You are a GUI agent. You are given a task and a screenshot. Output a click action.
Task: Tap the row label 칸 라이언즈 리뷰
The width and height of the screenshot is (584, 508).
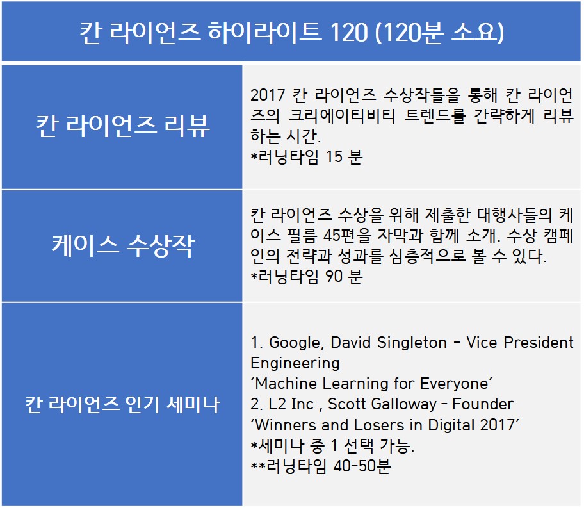pos(123,126)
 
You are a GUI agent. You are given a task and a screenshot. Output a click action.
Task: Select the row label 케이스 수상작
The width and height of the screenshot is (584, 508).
pos(123,246)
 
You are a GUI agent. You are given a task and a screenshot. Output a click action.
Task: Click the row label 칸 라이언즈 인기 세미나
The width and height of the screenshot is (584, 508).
pos(122,404)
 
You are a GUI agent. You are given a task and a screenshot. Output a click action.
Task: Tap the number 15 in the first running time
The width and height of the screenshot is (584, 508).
pos(334,156)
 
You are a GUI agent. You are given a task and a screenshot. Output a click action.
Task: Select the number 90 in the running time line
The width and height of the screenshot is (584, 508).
pos(334,276)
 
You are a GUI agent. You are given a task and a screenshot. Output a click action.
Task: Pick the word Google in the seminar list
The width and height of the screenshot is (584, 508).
pos(296,343)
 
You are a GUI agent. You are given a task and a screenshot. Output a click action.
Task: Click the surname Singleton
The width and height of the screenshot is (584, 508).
pos(412,343)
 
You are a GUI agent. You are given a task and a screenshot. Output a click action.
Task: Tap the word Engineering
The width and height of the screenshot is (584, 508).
pos(295,363)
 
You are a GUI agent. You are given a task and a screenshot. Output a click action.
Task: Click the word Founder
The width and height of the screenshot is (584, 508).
pos(483,404)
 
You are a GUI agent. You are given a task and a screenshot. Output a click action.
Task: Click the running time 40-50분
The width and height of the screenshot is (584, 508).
pos(362,466)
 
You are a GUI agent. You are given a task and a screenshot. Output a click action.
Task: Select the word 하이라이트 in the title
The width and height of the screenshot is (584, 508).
pos(264,32)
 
